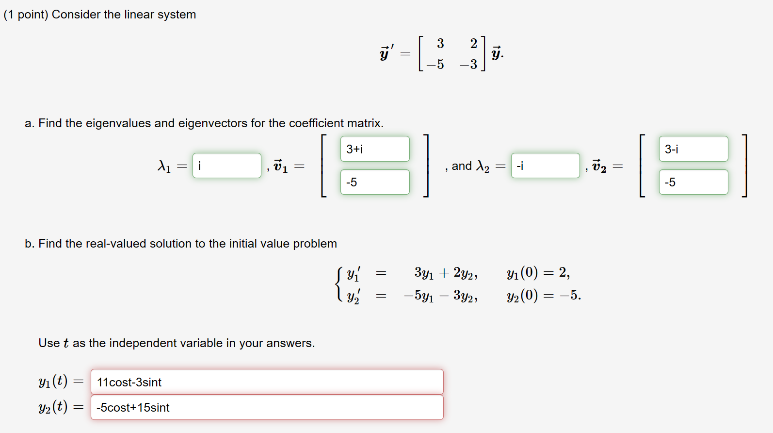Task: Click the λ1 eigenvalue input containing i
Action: coord(226,166)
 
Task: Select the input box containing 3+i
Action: coord(375,149)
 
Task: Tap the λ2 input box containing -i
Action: coord(545,166)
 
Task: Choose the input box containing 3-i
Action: coord(693,149)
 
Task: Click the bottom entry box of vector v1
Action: coord(375,183)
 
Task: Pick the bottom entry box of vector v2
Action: coord(693,183)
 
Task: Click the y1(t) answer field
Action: coord(267,382)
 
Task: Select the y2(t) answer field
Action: coord(267,407)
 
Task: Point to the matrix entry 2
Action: coord(473,44)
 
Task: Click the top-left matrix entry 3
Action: coord(440,44)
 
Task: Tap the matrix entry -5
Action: coord(435,64)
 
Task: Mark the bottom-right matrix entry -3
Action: coord(469,64)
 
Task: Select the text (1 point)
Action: coord(26,15)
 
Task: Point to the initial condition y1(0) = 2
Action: coord(538,273)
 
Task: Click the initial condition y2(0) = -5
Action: coord(544,295)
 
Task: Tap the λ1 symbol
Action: coord(164,167)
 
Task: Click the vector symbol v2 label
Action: coord(599,167)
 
